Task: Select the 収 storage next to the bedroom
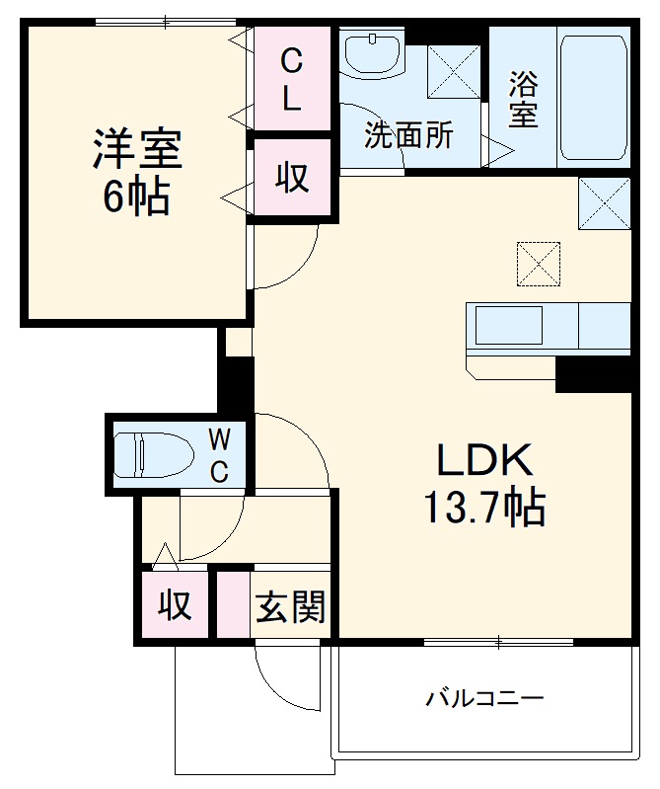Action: pos(291,178)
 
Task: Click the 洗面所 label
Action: pos(408,135)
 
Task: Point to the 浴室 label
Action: pos(523,99)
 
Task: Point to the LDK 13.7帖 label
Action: pos(483,484)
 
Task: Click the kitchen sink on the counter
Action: pos(509,325)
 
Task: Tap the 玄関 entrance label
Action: pos(291,605)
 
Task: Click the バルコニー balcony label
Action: pos(484,700)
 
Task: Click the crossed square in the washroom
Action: pos(453,70)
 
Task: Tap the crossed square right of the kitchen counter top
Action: pos(604,203)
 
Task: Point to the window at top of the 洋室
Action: pos(165,22)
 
